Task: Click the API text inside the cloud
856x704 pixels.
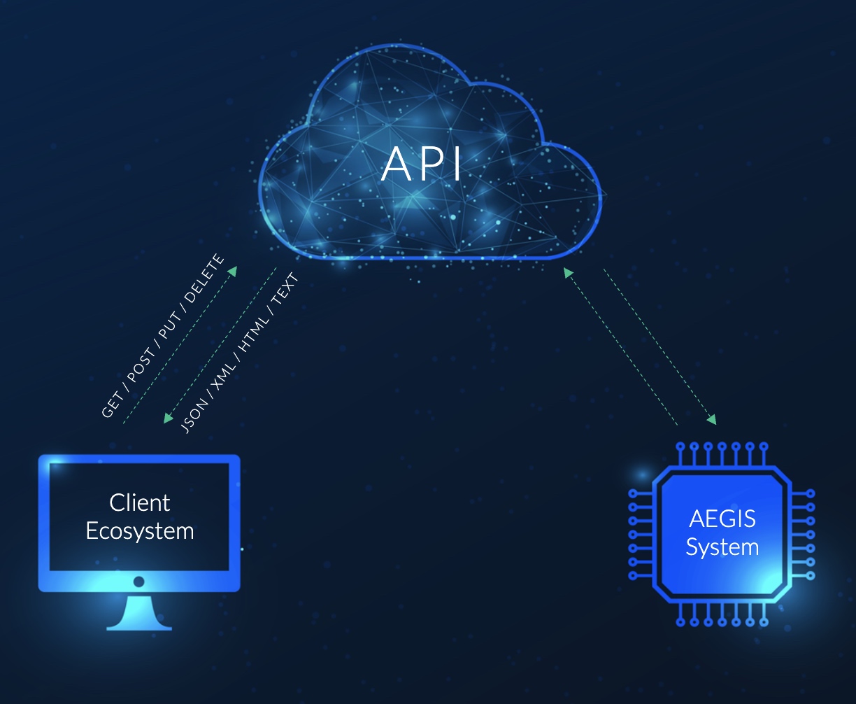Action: coord(422,164)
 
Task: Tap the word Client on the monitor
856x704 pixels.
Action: coord(140,502)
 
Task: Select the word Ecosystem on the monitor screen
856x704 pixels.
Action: coord(140,530)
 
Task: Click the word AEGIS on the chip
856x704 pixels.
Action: coord(722,519)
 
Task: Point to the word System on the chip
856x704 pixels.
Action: coord(722,547)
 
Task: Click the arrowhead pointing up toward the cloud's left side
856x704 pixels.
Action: coord(232,270)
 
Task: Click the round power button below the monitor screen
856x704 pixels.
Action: coord(139,582)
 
